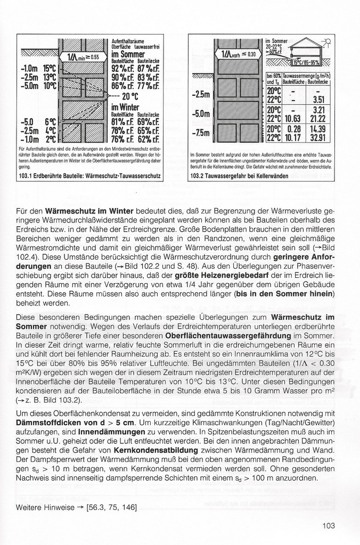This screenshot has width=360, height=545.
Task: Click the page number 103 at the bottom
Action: (x=329, y=526)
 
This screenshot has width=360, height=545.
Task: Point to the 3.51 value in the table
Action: (x=318, y=99)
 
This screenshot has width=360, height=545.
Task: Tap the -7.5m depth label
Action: (x=201, y=132)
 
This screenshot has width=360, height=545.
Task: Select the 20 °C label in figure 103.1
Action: (x=130, y=96)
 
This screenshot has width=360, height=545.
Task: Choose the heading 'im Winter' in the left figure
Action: (x=126, y=106)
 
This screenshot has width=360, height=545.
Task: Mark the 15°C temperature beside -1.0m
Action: (x=49, y=69)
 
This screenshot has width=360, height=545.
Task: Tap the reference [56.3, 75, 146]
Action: (x=111, y=508)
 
